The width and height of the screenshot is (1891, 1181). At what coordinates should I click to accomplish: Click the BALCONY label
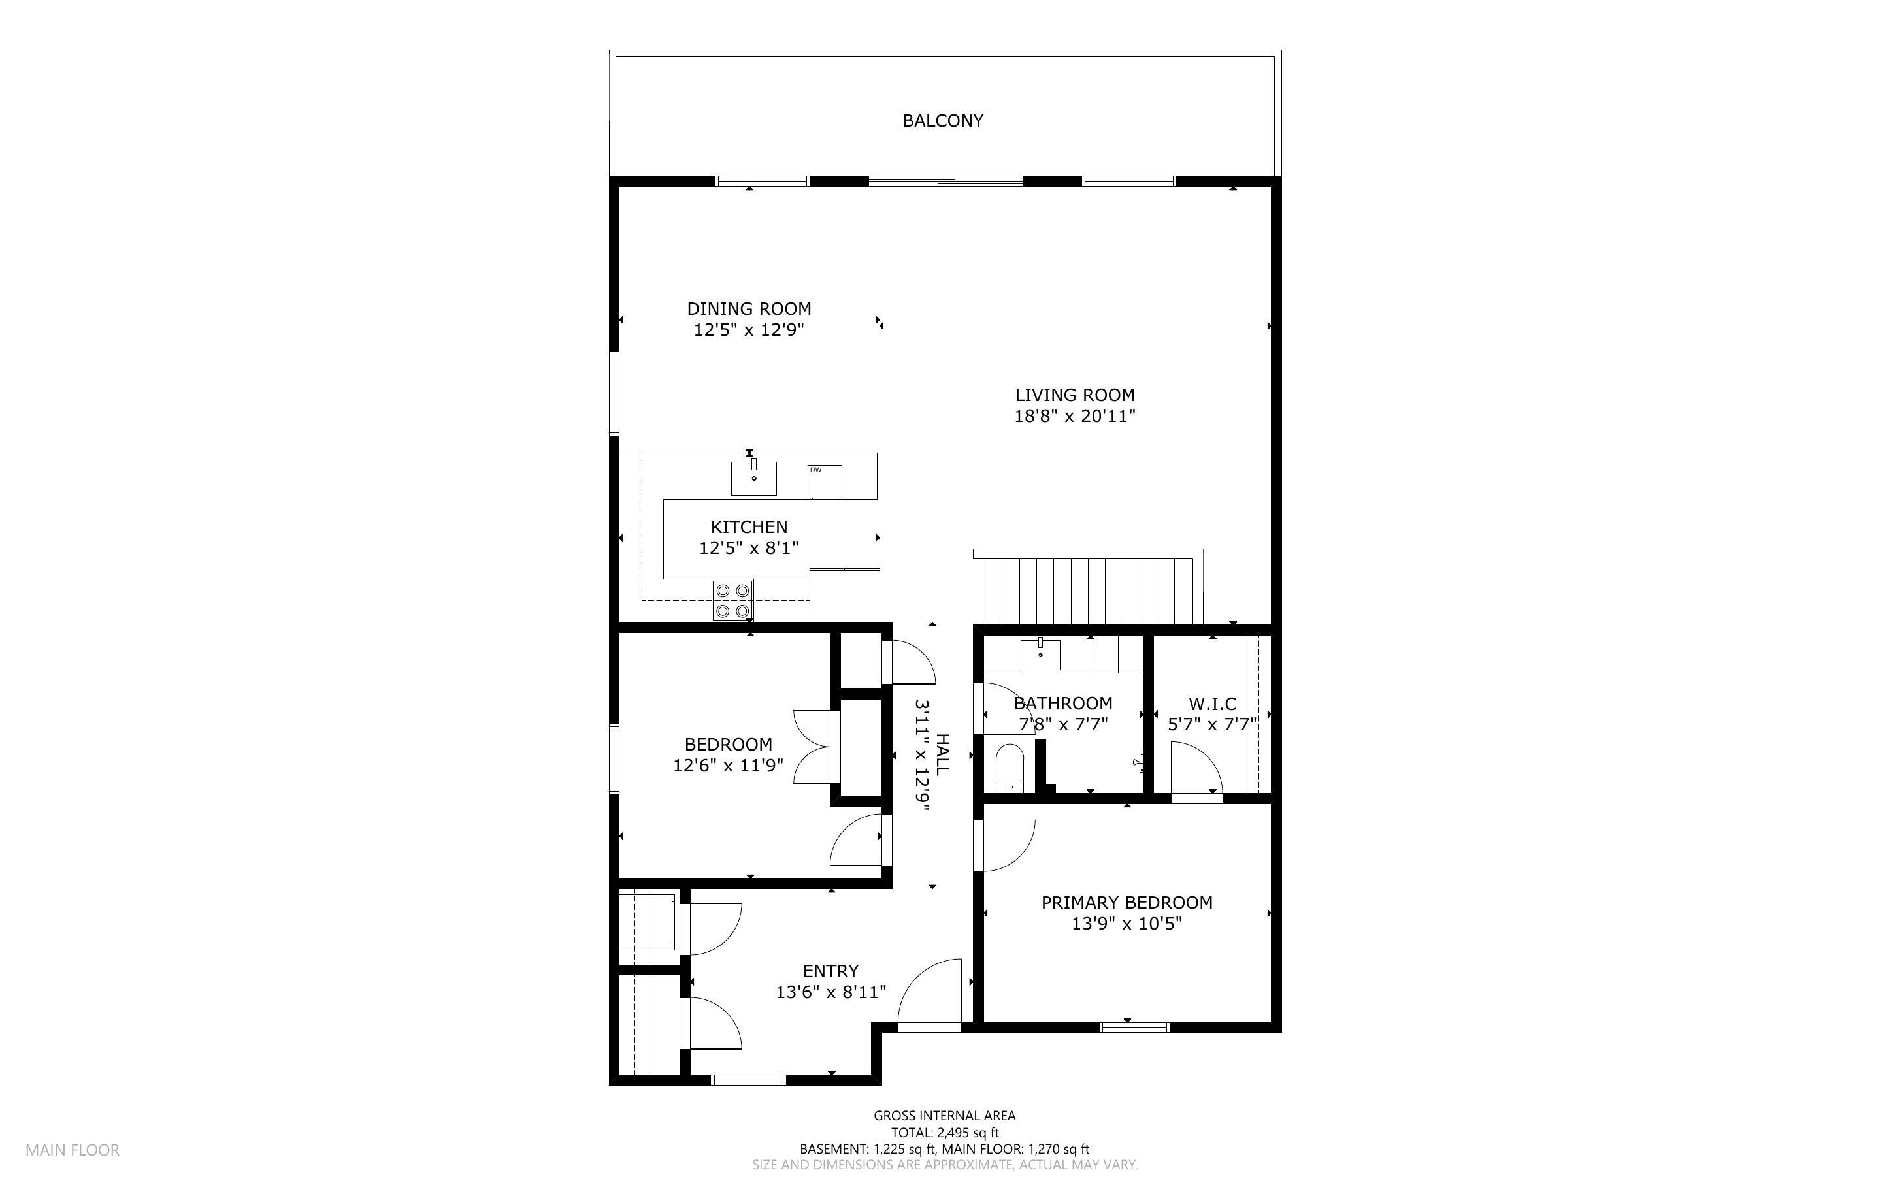pyautogui.click(x=943, y=120)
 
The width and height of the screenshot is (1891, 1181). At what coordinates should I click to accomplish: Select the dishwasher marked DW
pyautogui.click(x=825, y=481)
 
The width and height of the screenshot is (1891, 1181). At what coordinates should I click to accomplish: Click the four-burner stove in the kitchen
pyautogui.click(x=732, y=600)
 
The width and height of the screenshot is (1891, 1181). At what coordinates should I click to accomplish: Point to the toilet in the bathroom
pyautogui.click(x=1009, y=768)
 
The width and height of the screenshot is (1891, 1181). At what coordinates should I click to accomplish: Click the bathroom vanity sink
pyautogui.click(x=1040, y=654)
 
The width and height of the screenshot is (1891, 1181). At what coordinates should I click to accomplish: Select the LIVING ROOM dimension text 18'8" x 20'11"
pyautogui.click(x=1075, y=415)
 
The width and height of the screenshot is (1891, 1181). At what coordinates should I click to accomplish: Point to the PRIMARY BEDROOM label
pyautogui.click(x=1127, y=902)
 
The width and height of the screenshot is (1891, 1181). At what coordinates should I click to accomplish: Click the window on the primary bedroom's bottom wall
pyautogui.click(x=1135, y=1027)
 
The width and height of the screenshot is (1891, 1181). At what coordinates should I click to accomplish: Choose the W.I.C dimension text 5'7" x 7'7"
pyautogui.click(x=1212, y=724)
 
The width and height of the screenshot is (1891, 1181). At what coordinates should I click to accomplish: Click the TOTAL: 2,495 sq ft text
pyautogui.click(x=945, y=1133)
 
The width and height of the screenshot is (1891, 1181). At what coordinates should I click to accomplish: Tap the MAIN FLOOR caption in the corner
pyautogui.click(x=73, y=1150)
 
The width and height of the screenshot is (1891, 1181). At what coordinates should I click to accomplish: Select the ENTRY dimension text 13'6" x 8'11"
pyautogui.click(x=831, y=992)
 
